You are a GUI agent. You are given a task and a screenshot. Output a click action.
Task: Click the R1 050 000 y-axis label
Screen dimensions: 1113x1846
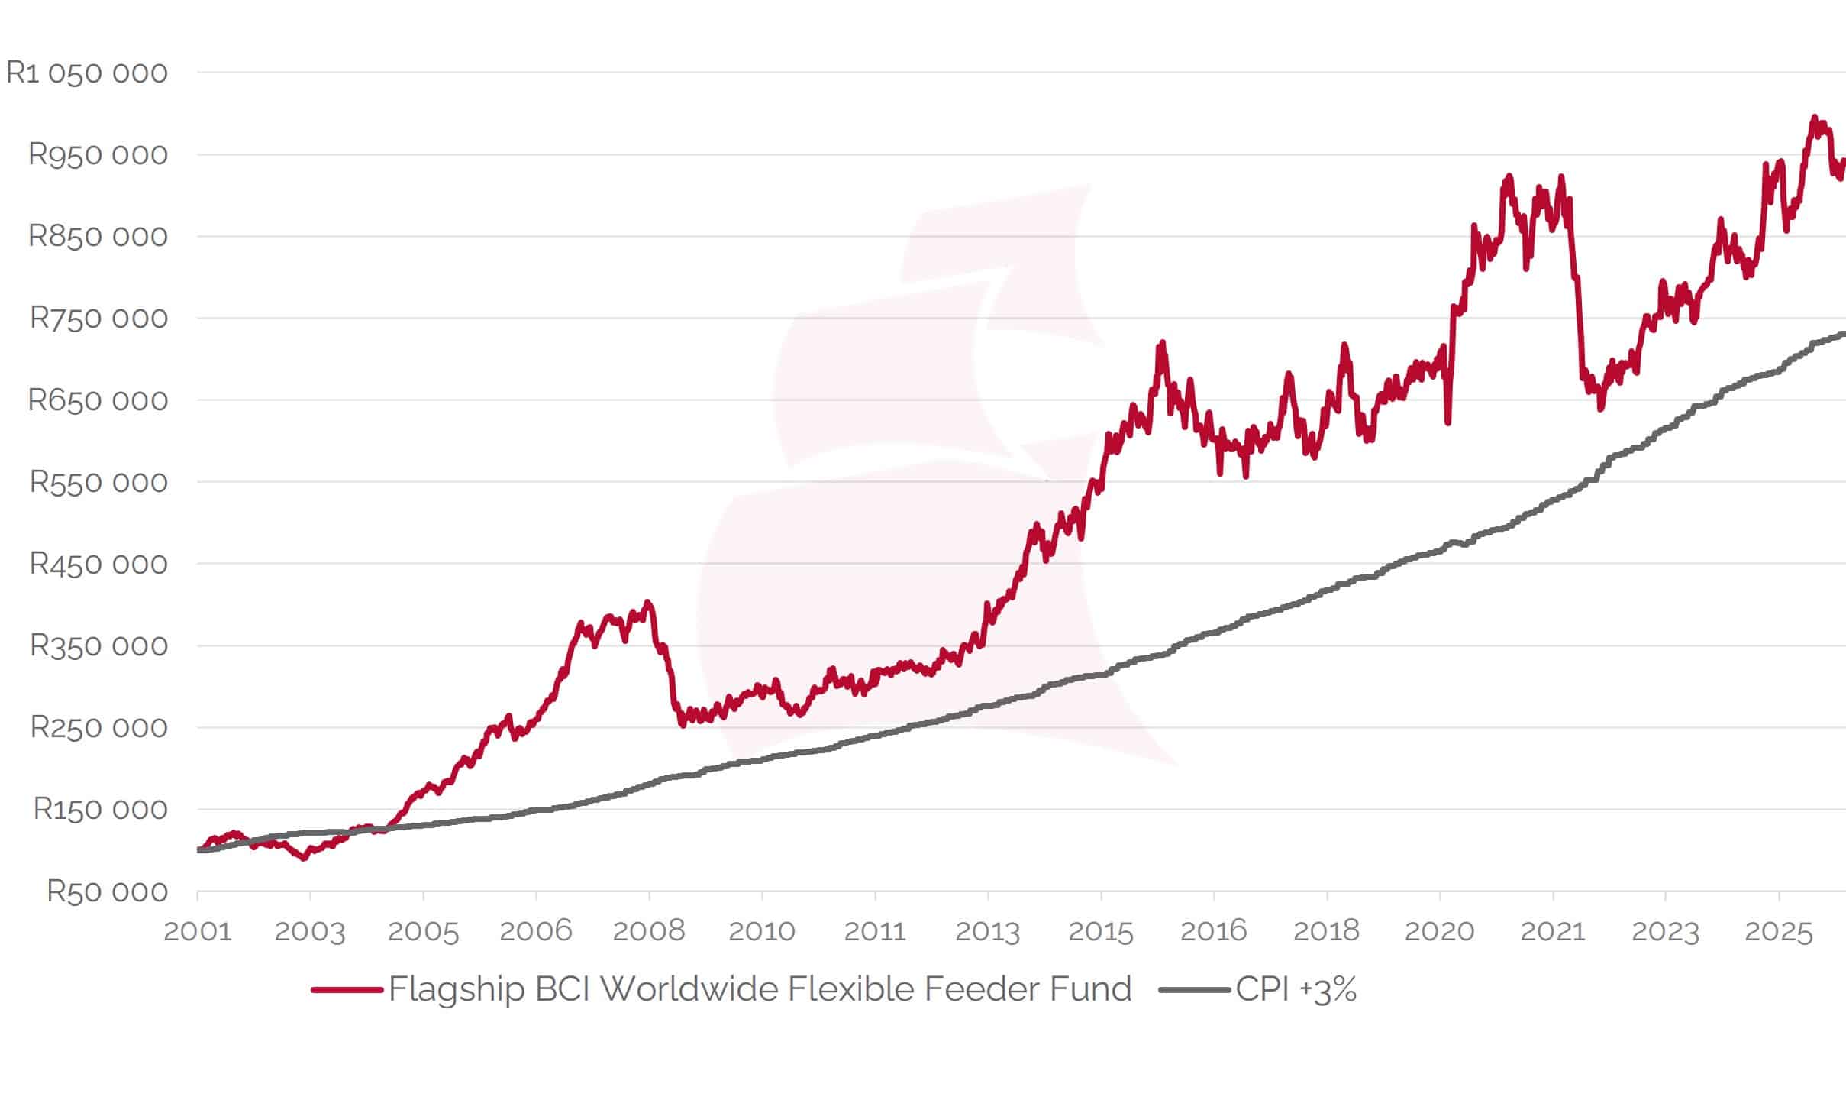click(x=86, y=73)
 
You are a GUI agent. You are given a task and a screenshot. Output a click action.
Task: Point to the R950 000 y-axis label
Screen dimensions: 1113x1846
click(x=98, y=155)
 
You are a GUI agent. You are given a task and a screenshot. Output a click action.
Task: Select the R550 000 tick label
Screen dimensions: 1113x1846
click(x=98, y=482)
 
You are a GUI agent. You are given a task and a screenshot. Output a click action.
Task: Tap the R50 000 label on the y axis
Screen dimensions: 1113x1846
click(x=107, y=891)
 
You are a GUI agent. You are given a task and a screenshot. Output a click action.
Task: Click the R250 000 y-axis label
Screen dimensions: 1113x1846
click(x=98, y=727)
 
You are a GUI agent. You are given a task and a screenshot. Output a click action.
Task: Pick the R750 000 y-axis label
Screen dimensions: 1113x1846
click(x=98, y=319)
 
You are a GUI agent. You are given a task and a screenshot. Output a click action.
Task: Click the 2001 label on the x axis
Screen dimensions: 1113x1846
click(x=197, y=931)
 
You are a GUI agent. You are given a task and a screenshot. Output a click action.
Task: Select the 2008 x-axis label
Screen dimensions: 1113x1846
click(x=649, y=931)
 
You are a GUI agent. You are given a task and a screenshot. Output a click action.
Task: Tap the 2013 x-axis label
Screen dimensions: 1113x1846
click(x=988, y=931)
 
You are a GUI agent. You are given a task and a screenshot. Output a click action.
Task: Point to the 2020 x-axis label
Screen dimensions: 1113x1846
click(x=1440, y=931)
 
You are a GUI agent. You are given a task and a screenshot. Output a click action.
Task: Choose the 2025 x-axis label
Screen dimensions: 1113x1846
click(x=1779, y=931)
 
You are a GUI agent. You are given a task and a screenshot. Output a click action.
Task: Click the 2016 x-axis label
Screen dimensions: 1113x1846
click(x=1214, y=931)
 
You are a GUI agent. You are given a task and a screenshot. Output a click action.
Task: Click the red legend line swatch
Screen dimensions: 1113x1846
click(x=347, y=990)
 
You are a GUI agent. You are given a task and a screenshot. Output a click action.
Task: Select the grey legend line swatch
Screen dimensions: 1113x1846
click(x=1194, y=990)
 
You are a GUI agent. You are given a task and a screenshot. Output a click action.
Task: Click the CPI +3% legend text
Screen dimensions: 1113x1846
click(x=1296, y=990)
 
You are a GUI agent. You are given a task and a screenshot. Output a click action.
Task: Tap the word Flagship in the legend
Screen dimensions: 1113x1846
click(x=457, y=990)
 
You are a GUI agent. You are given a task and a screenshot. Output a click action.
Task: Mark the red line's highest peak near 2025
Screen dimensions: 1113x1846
click(x=1814, y=118)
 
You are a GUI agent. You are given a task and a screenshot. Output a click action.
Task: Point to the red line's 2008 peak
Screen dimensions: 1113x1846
click(x=647, y=603)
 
